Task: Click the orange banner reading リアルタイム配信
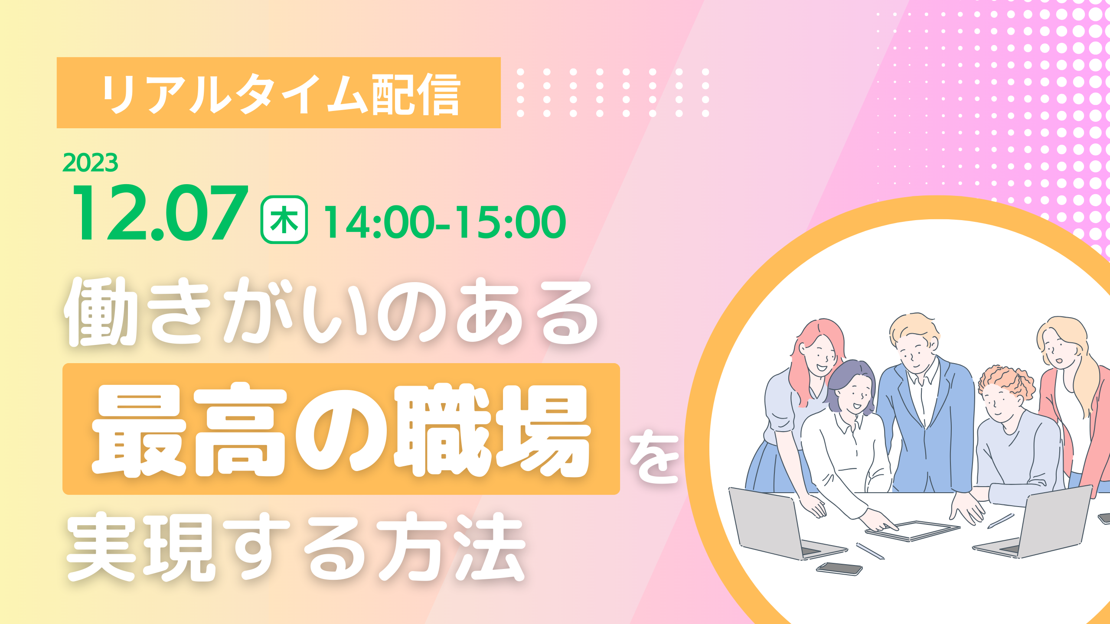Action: point(278,93)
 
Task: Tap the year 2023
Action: point(90,163)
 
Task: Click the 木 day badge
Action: point(284,220)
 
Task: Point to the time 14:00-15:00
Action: point(445,222)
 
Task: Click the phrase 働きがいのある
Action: point(332,311)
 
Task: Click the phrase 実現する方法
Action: point(296,547)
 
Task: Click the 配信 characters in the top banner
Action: point(416,94)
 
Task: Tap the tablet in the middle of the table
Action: point(912,530)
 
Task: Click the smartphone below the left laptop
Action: point(839,569)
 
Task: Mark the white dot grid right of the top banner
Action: point(613,93)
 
